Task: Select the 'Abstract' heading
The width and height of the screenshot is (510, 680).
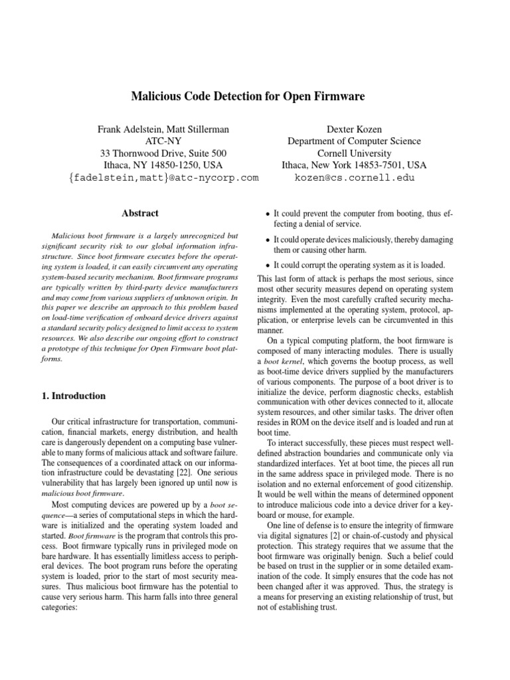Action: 140,213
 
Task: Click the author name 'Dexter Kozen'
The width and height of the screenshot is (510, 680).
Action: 354,129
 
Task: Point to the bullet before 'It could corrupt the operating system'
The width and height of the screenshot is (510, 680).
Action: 267,264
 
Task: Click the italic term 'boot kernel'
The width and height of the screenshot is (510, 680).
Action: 287,361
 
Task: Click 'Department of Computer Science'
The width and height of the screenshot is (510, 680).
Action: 354,141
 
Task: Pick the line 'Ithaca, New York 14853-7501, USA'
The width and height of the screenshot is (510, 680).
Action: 354,165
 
